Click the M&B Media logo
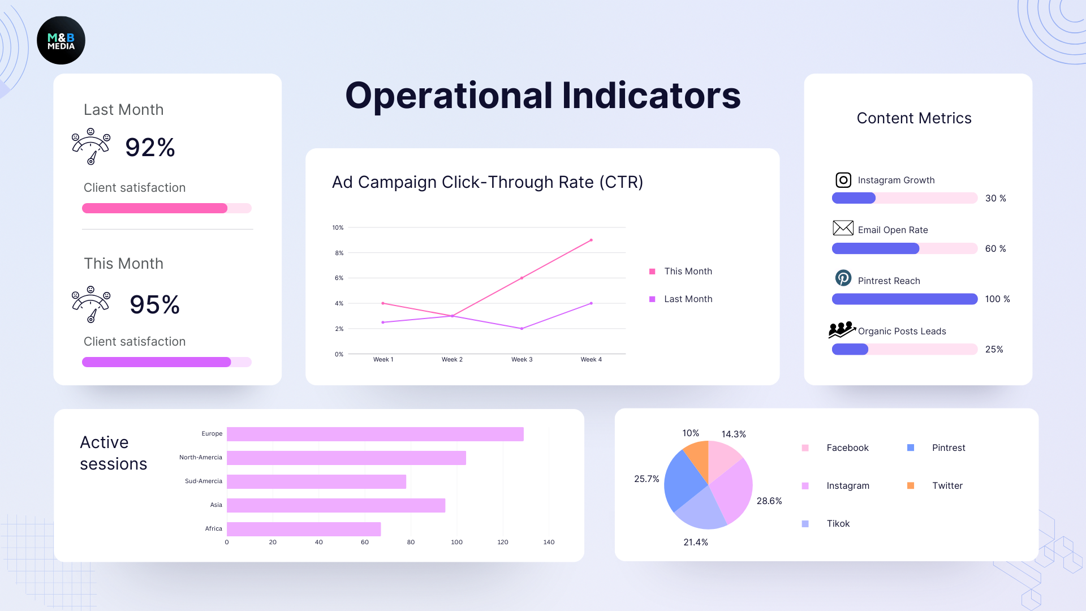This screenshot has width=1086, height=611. pos(61,40)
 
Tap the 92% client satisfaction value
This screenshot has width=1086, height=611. pos(150,148)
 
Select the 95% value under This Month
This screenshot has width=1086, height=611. pos(154,305)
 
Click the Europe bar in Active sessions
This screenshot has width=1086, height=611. pos(375,434)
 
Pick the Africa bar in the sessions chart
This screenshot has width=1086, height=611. pos(304,529)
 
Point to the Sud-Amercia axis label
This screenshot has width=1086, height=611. pos(204,481)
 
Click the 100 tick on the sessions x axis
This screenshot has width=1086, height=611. pos(456,542)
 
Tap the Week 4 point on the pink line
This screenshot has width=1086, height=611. pos(591,240)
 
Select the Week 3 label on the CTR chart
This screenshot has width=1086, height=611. pos(522,359)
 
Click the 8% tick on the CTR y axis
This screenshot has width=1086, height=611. pos(339,253)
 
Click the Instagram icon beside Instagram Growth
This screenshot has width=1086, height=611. pos(843,180)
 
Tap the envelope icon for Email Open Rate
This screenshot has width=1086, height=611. pos(843,228)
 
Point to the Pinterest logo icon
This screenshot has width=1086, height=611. pos(843,278)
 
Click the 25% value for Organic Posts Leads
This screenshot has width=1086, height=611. pos(994,349)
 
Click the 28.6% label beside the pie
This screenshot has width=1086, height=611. pos(769,501)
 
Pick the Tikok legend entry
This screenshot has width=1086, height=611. pos(838,523)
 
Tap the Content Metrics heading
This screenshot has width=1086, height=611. pos(914,118)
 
